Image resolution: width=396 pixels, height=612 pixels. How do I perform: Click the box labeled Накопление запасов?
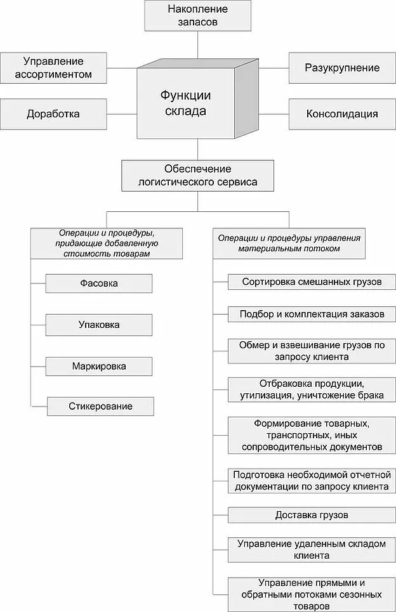(x=198, y=15)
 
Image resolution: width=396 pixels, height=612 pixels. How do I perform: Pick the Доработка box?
(x=53, y=114)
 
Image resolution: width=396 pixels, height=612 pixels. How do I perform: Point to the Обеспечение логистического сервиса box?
(x=198, y=175)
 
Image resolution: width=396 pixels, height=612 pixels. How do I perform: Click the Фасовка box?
(x=99, y=283)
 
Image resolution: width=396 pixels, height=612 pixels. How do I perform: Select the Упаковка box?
(x=99, y=325)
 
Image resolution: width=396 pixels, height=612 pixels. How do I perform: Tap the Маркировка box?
(x=99, y=366)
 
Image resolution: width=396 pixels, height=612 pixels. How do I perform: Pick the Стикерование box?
(x=100, y=406)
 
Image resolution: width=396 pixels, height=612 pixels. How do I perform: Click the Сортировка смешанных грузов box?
(x=312, y=281)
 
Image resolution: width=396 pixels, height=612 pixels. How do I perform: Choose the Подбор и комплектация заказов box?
(x=312, y=314)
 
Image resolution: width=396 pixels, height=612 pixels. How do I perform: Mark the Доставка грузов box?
(x=312, y=515)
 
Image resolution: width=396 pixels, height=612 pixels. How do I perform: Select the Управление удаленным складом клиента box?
(x=312, y=549)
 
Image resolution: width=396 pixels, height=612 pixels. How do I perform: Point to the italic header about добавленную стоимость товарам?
(x=107, y=243)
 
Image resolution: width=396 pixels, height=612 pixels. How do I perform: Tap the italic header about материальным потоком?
(x=289, y=243)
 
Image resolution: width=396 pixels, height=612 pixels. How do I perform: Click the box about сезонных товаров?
(x=312, y=594)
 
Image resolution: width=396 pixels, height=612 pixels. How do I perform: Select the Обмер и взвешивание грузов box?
(x=312, y=351)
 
